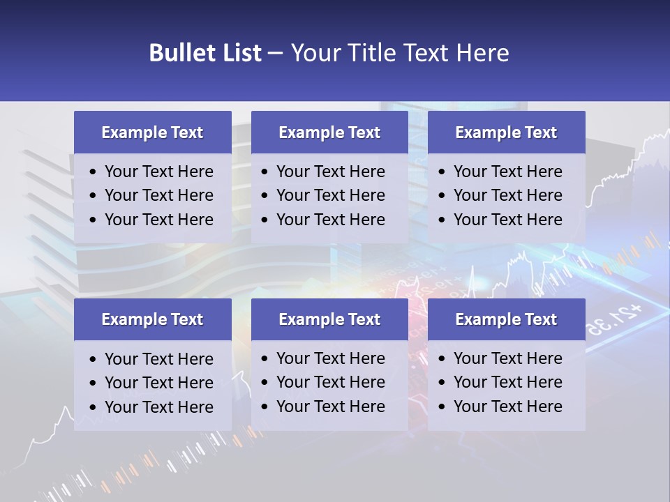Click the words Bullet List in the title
pos(205,53)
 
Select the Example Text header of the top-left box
pos(152,132)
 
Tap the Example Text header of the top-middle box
pos(329,132)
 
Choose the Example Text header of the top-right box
pos(506,132)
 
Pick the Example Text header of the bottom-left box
pos(152,319)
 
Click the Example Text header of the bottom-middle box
pos(329,319)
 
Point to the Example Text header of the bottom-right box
pos(506,319)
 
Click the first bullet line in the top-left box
pos(159,172)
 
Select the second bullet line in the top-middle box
pos(331,195)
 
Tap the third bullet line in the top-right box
pos(508,220)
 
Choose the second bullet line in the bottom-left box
pos(159,383)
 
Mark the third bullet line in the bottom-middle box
pos(331,406)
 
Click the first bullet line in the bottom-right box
pos(508,358)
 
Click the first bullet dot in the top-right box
pos(442,172)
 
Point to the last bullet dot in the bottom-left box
pos(93,408)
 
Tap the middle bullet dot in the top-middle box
pos(265,196)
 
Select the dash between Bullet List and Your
pos(275,53)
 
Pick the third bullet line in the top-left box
pos(159,220)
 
